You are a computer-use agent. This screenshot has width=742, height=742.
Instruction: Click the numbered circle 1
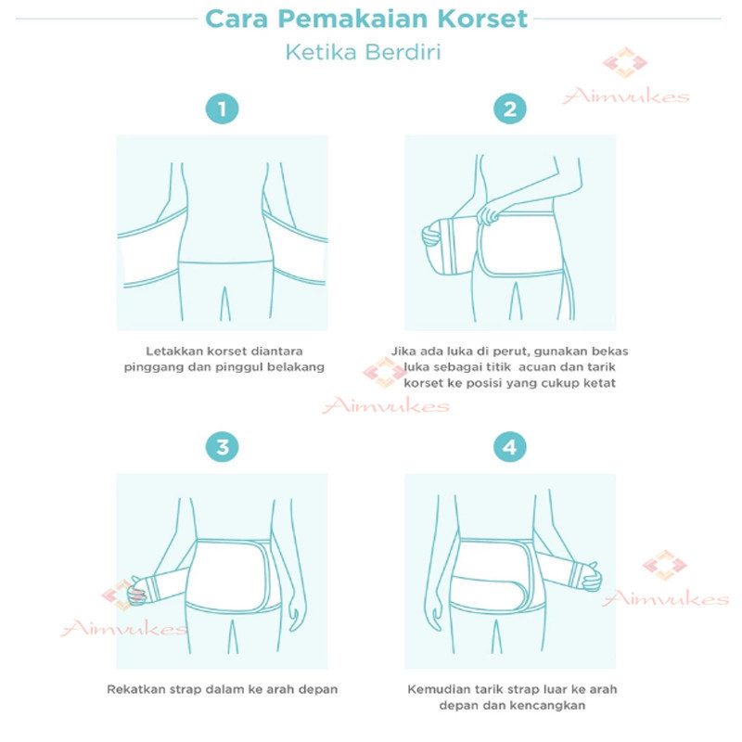pyautogui.click(x=222, y=109)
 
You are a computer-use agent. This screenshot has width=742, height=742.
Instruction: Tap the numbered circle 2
pyautogui.click(x=509, y=109)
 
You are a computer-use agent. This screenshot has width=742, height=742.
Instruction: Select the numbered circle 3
pyautogui.click(x=222, y=447)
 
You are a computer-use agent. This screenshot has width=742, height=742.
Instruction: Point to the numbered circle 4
pyautogui.click(x=509, y=447)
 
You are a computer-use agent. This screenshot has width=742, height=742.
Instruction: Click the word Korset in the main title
pyautogui.click(x=482, y=19)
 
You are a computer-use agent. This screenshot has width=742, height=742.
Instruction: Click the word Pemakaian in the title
pyautogui.click(x=352, y=19)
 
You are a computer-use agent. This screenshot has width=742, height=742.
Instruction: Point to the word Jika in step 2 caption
pyautogui.click(x=402, y=352)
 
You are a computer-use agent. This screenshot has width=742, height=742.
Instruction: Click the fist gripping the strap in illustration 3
pyautogui.click(x=136, y=591)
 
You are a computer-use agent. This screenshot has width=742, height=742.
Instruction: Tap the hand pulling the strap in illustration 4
pyautogui.click(x=592, y=576)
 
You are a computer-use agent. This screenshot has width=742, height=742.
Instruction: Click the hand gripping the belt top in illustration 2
pyautogui.click(x=488, y=214)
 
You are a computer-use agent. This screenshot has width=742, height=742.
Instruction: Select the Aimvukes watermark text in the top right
pyautogui.click(x=625, y=96)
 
